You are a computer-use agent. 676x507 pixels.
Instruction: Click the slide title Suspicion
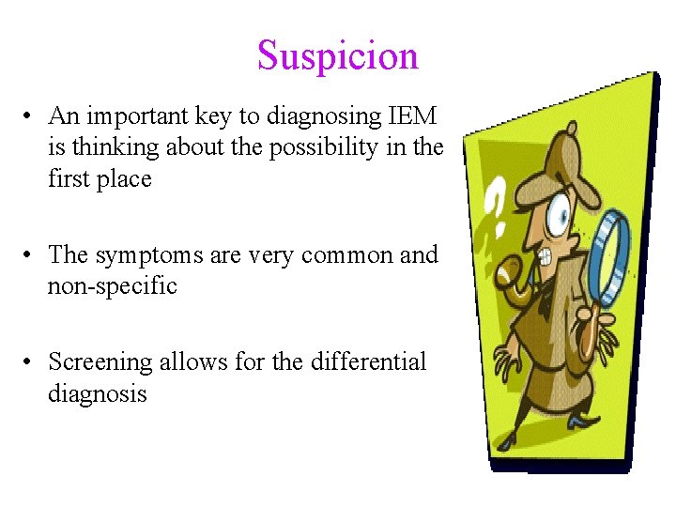(338, 56)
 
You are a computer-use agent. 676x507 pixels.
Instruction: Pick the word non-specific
(113, 286)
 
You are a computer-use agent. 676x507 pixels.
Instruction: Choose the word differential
(371, 361)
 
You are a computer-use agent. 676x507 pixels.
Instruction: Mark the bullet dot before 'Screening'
(31, 361)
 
